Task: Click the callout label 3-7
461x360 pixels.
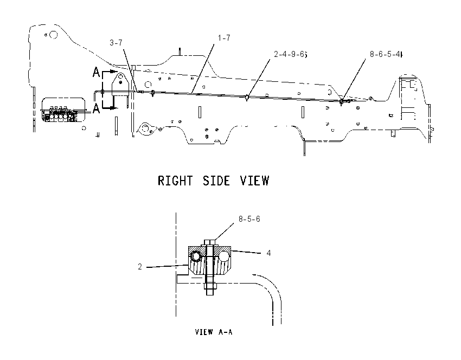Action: (116, 43)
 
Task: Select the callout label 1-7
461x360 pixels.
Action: (224, 38)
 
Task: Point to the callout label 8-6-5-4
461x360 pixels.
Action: (386, 54)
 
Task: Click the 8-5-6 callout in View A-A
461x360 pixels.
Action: (249, 219)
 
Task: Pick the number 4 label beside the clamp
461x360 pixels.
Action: (268, 253)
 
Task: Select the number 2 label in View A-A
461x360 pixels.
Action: (140, 267)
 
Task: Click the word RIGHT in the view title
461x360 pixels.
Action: (175, 181)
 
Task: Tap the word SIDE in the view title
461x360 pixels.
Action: (216, 181)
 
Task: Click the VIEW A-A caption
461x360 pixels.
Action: (214, 332)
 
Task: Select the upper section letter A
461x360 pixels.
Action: (96, 72)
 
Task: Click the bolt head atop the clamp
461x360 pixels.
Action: (210, 243)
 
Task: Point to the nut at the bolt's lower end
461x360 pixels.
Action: (210, 286)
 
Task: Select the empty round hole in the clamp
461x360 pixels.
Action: (223, 256)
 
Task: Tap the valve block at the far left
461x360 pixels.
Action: (60, 114)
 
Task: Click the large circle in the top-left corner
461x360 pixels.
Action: (53, 35)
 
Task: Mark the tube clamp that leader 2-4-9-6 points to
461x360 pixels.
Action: (247, 97)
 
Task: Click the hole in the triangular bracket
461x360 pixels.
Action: (120, 78)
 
